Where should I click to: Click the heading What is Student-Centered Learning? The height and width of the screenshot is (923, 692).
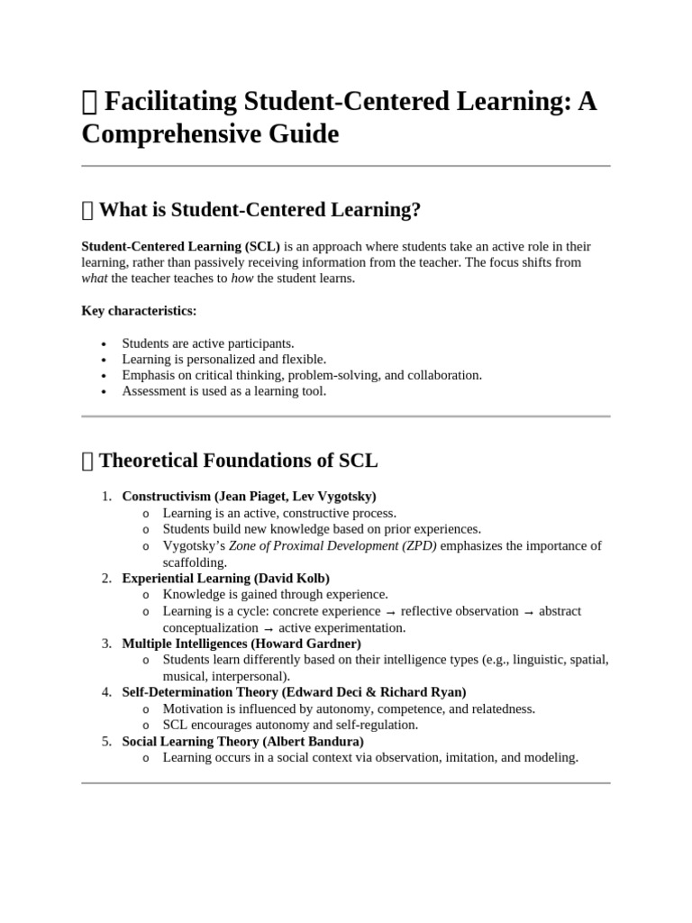coord(259,210)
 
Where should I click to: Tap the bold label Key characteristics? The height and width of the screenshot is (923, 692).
coord(139,310)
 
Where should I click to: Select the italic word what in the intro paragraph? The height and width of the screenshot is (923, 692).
coord(95,279)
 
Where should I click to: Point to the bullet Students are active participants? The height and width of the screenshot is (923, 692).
coord(208,343)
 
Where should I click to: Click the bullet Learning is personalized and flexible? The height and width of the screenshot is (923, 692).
coord(224,359)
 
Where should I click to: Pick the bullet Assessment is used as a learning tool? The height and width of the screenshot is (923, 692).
coord(224,391)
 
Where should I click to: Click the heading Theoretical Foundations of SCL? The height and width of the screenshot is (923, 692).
coord(238,461)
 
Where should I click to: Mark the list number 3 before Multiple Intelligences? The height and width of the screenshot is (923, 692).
coord(105,644)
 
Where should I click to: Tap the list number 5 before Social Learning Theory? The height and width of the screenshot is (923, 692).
coord(105,741)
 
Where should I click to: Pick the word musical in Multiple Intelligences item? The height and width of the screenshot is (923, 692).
coord(184,676)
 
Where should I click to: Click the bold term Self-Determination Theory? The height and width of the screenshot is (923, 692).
coord(200,692)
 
